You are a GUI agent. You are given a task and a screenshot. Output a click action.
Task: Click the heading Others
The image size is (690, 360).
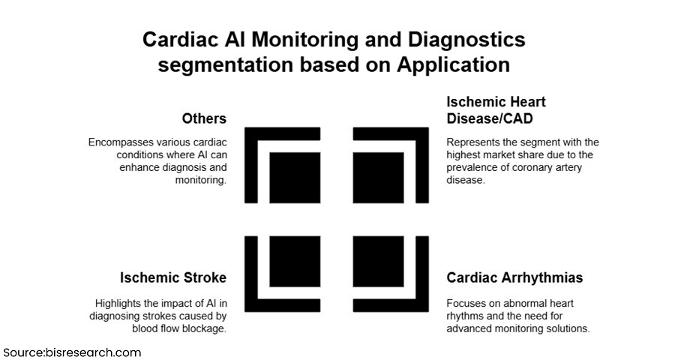point(204,118)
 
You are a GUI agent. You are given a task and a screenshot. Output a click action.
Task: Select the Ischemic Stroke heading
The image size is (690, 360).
point(173,277)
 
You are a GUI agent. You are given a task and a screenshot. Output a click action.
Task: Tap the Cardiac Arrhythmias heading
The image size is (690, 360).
point(514,277)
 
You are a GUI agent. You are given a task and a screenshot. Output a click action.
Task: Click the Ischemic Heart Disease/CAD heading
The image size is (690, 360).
point(495,109)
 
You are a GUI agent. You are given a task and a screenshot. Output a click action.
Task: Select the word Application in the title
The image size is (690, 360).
point(462,64)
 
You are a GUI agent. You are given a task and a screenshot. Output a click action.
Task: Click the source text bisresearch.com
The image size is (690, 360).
point(90,352)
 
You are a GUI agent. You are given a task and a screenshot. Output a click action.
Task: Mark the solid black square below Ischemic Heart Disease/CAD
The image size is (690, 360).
point(379,178)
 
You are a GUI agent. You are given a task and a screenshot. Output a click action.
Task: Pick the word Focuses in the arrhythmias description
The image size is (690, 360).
point(466,303)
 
